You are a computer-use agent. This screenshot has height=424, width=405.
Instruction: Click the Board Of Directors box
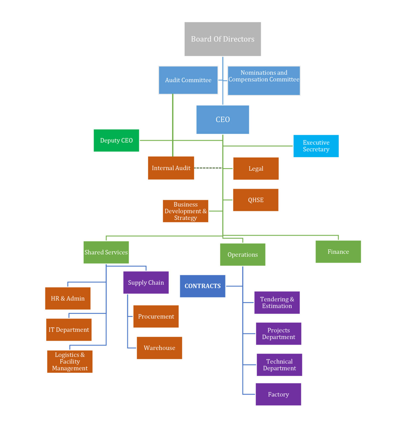click(223, 39)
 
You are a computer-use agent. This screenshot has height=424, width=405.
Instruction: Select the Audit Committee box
click(188, 80)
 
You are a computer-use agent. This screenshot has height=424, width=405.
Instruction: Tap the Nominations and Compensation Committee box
click(264, 80)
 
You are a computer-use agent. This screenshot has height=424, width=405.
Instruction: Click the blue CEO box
click(223, 120)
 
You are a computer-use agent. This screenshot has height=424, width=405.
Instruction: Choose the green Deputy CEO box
click(116, 141)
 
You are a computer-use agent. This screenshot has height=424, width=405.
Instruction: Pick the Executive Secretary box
click(316, 146)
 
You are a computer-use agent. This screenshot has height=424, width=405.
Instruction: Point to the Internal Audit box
click(171, 168)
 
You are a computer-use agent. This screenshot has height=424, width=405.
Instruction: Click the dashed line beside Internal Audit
click(208, 168)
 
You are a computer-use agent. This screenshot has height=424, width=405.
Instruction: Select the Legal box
click(256, 169)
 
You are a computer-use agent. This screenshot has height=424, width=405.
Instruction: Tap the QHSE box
click(256, 200)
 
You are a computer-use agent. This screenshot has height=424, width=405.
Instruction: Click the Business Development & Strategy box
click(185, 211)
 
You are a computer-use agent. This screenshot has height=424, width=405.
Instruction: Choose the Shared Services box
click(106, 252)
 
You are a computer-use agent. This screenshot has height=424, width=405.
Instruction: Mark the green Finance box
click(338, 252)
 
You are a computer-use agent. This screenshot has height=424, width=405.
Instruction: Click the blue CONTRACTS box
click(202, 286)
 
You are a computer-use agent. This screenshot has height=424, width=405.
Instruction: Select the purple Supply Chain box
click(146, 283)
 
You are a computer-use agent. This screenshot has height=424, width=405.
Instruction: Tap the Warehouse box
click(159, 348)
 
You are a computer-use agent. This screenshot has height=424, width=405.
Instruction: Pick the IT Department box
click(69, 330)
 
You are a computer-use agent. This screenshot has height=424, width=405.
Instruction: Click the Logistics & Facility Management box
click(70, 362)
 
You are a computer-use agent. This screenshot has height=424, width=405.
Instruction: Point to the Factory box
click(278, 394)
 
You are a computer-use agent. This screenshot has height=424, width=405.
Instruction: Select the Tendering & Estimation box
click(277, 303)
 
